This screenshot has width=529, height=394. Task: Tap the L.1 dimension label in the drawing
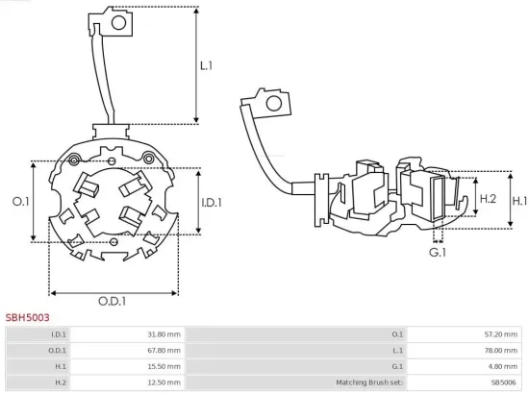206,66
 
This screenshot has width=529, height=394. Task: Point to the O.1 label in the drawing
19,201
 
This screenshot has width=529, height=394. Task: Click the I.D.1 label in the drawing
213,202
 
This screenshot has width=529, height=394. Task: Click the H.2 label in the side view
488,198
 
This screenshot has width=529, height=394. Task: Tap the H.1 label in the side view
519,201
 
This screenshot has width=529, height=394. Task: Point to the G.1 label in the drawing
438,252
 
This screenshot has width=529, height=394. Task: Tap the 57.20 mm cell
501,334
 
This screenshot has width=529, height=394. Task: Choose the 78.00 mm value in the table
501,351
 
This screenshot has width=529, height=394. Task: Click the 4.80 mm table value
503,367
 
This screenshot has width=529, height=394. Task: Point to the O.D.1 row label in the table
58,351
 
